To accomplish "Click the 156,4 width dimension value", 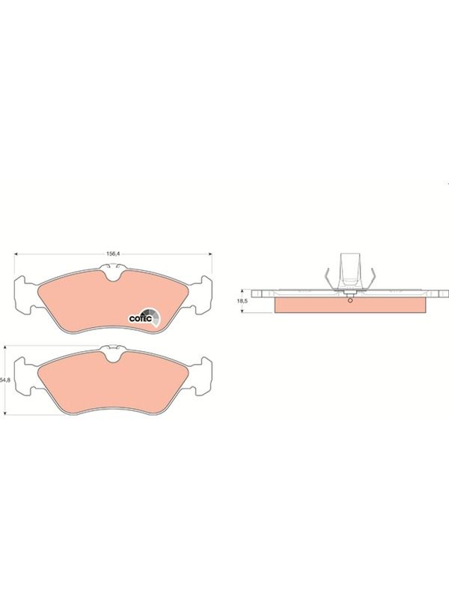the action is (x=113, y=254).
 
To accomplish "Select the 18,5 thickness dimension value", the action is (x=242, y=301).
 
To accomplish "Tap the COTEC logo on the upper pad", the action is (x=144, y=317).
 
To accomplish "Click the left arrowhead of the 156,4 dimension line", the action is (x=16, y=254).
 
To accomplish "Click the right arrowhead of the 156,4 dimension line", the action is (x=210, y=254).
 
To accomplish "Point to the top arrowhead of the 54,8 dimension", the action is (x=4, y=348).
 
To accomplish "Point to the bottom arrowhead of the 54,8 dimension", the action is (x=4, y=413).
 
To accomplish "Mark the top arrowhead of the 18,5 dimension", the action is (x=242, y=292).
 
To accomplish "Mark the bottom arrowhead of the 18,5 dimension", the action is (x=242, y=310).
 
